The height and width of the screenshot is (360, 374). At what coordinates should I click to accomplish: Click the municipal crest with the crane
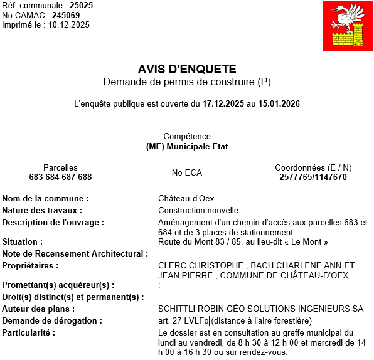click(347, 26)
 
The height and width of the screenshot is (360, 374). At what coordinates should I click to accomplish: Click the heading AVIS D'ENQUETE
click(187, 69)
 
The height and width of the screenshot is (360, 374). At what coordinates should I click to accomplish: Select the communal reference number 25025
click(82, 6)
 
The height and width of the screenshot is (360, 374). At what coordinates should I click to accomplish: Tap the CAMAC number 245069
click(66, 15)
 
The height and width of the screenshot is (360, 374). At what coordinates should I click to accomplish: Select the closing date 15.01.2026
click(279, 103)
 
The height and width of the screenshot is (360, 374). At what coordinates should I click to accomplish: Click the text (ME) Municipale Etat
click(187, 146)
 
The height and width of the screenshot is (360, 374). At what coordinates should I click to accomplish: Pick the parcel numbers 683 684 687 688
click(60, 177)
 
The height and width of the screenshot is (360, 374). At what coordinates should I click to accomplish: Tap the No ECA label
click(187, 172)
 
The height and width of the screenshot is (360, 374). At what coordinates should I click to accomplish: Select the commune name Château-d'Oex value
click(186, 199)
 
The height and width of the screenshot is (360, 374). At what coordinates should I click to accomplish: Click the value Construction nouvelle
click(198, 210)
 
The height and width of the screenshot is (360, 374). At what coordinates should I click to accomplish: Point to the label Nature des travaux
click(42, 210)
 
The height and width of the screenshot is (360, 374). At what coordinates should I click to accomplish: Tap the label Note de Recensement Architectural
click(75, 253)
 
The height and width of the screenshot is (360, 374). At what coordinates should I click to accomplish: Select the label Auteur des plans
click(38, 309)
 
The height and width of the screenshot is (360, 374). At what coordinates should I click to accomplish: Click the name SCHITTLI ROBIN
click(186, 309)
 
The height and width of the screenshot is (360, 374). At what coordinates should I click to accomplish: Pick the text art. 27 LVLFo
click(183, 320)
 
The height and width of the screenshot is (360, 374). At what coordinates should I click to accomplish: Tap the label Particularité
click(28, 332)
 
